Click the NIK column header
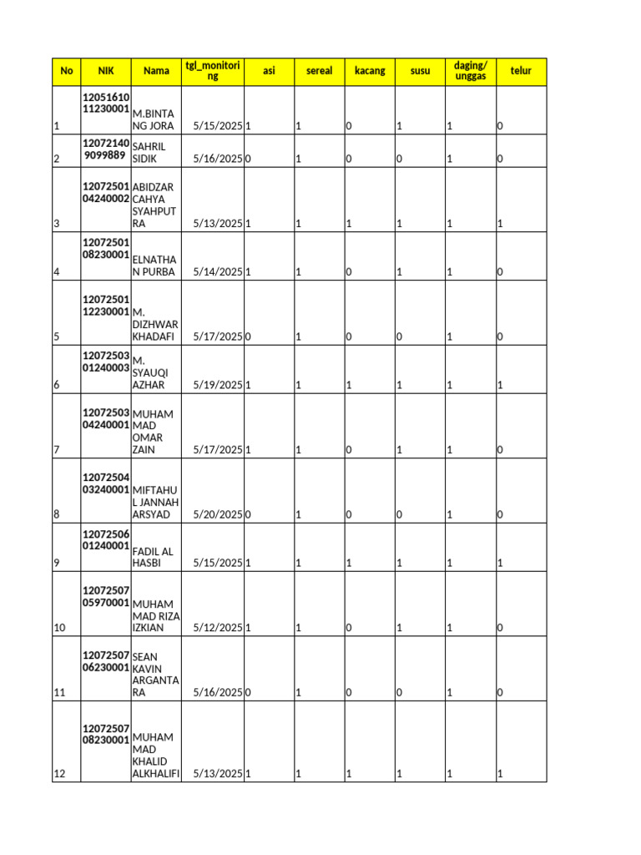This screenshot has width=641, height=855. click(105, 71)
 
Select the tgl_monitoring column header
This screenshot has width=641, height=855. click(213, 71)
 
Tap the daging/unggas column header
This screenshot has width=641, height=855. click(470, 71)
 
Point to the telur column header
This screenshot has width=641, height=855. click(521, 71)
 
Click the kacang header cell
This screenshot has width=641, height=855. click(370, 71)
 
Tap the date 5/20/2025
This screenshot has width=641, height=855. click(217, 515)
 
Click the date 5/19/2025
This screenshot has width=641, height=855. click(217, 386)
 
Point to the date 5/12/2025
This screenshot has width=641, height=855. click(217, 628)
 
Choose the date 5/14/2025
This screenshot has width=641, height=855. click(217, 272)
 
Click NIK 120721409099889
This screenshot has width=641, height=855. click(105, 149)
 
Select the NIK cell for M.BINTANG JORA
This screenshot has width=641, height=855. click(105, 103)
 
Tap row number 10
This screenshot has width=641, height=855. click(59, 628)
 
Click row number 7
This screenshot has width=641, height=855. click(57, 451)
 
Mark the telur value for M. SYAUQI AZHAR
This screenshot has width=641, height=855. click(500, 386)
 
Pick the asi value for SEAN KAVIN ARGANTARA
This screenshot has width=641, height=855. click(249, 693)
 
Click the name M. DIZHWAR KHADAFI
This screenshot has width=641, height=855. click(155, 324)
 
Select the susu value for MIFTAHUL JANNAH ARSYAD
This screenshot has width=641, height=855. click(399, 515)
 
